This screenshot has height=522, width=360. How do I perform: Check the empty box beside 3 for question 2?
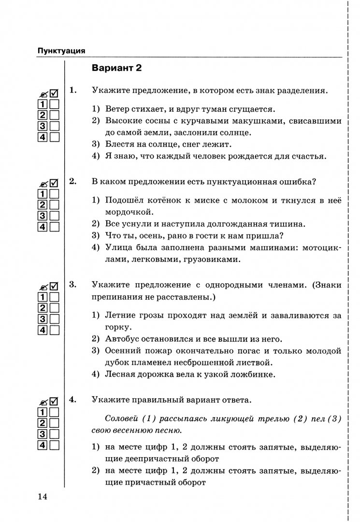click(x=54, y=216)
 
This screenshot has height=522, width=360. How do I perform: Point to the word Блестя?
click(x=118, y=144)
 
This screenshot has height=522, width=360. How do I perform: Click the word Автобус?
click(x=122, y=338)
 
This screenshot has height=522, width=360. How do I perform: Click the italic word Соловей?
click(x=121, y=419)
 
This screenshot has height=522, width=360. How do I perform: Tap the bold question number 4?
click(x=73, y=400)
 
